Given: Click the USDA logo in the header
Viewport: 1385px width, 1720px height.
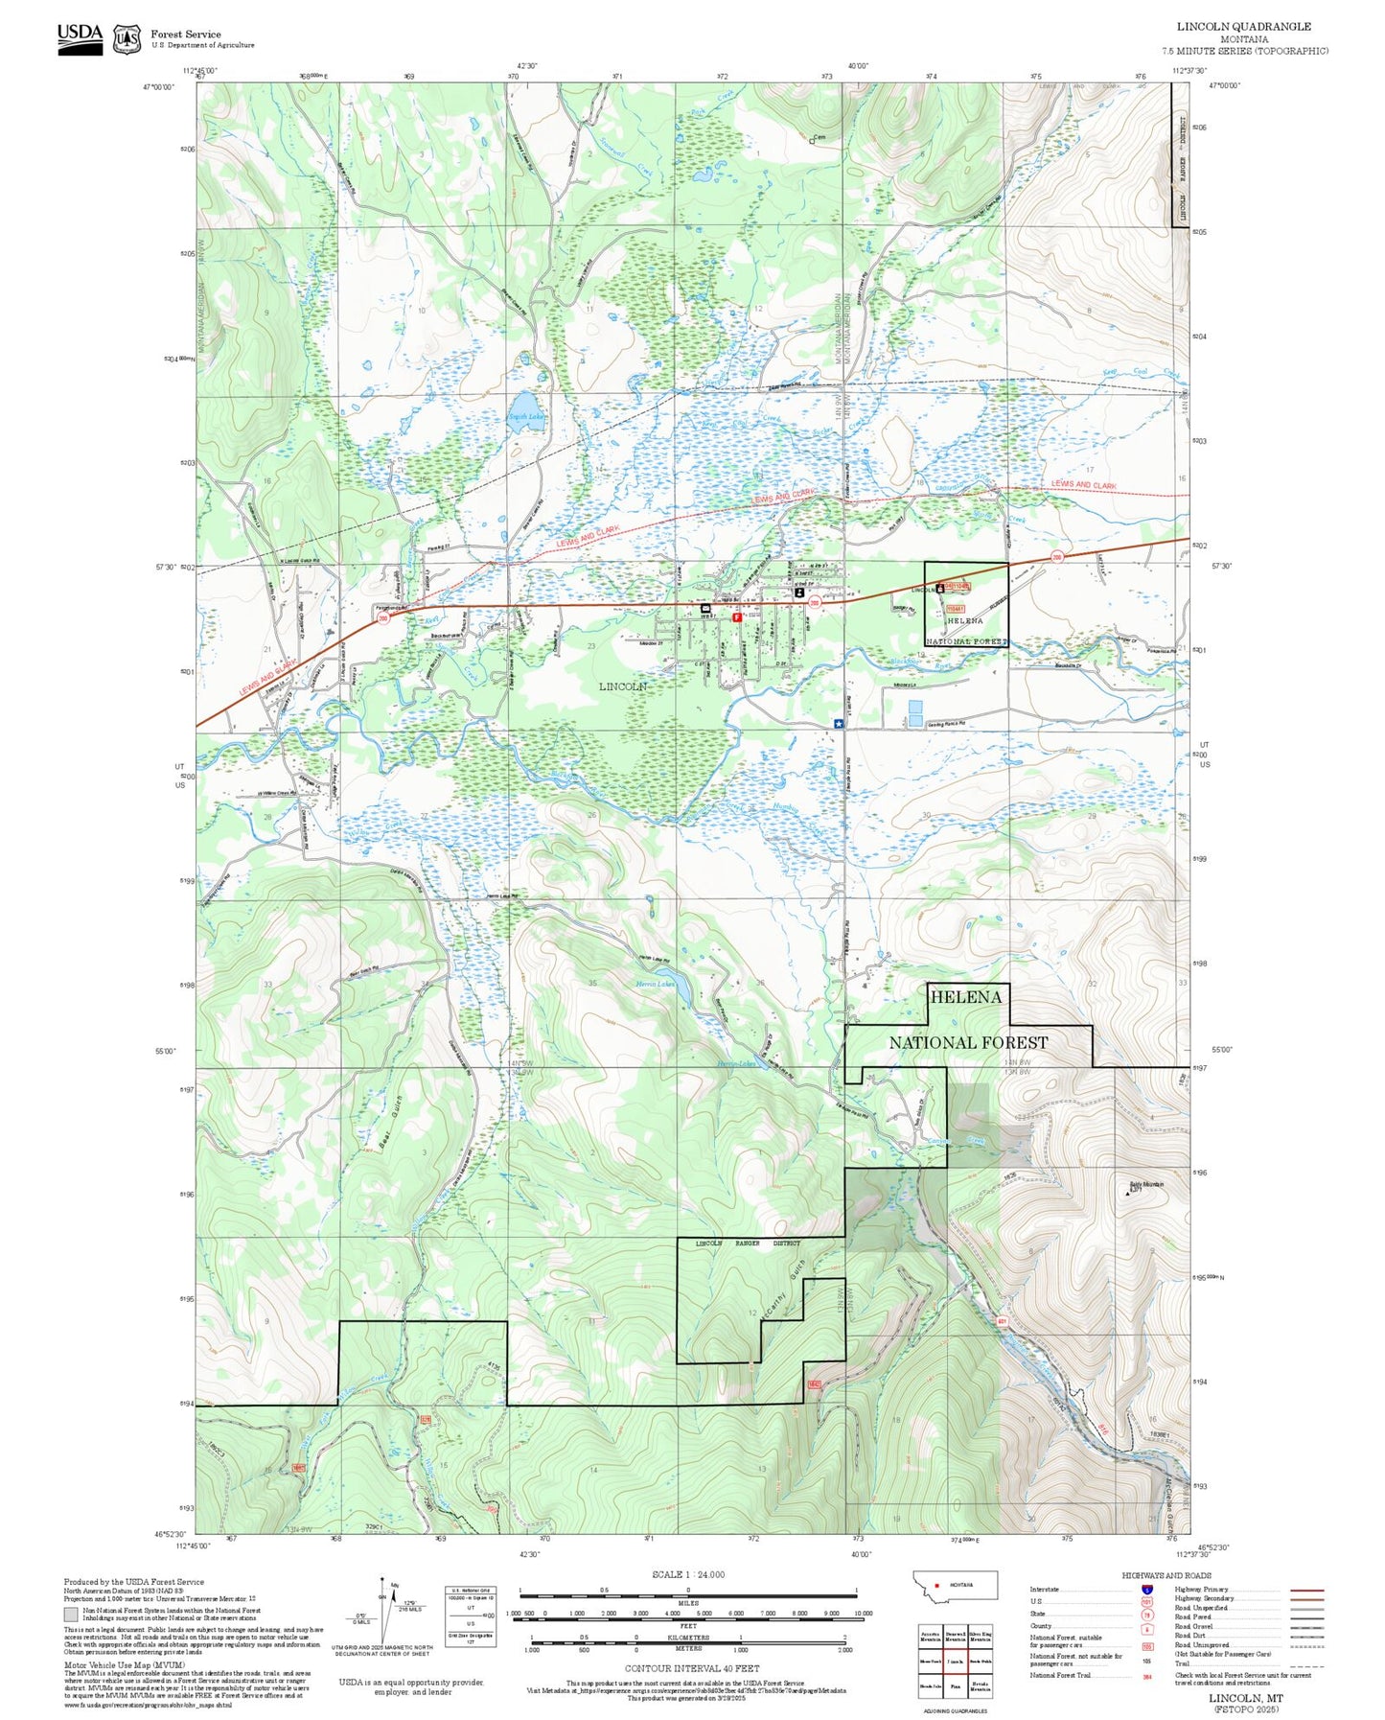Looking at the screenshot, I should (80, 38).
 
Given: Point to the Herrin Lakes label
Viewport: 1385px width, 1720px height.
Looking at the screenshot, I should (656, 984).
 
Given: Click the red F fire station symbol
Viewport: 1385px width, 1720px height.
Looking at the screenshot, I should (736, 618).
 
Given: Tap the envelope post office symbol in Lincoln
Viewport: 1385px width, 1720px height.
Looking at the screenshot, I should (705, 608).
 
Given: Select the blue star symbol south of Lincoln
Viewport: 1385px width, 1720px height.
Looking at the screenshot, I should (839, 725).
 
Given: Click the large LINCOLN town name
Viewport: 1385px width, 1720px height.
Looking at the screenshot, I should (623, 686).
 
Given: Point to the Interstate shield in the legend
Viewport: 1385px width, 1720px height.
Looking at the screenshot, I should (1146, 1589).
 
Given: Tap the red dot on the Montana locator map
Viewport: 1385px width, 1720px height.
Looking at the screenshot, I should (937, 1585).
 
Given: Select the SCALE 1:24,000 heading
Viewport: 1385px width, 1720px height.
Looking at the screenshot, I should (687, 1574).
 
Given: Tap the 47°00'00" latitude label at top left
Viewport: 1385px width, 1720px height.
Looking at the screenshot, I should (160, 86).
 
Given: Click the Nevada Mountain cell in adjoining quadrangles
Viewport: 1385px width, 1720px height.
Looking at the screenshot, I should (980, 1687).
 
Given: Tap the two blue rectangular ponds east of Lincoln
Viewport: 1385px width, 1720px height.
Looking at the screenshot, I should (915, 712).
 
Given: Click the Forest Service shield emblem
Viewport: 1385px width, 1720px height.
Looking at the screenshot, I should (127, 38).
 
